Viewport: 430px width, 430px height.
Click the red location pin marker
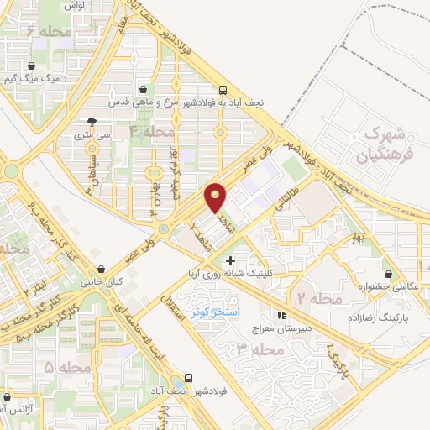click(x=216, y=197)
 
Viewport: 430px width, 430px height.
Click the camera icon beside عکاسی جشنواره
click(x=387, y=274)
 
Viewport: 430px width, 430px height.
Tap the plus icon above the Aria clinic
click(x=230, y=261)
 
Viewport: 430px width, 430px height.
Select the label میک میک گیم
click(x=33, y=79)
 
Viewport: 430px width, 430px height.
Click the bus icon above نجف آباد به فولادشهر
click(x=223, y=89)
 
